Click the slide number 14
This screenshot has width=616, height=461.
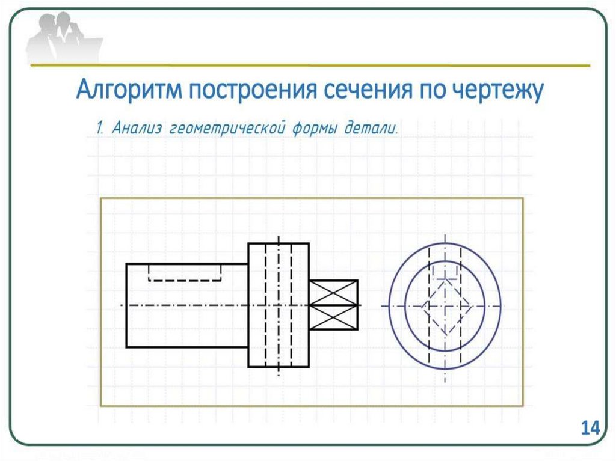[590, 429]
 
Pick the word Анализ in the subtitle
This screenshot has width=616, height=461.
[138, 128]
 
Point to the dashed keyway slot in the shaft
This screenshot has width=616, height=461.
[185, 273]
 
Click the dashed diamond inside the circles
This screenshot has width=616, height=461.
[446, 306]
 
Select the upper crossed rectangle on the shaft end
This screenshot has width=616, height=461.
[333, 293]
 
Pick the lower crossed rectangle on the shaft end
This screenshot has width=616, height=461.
[333, 317]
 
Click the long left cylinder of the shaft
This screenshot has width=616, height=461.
[186, 325]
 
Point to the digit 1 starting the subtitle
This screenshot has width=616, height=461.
[99, 128]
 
